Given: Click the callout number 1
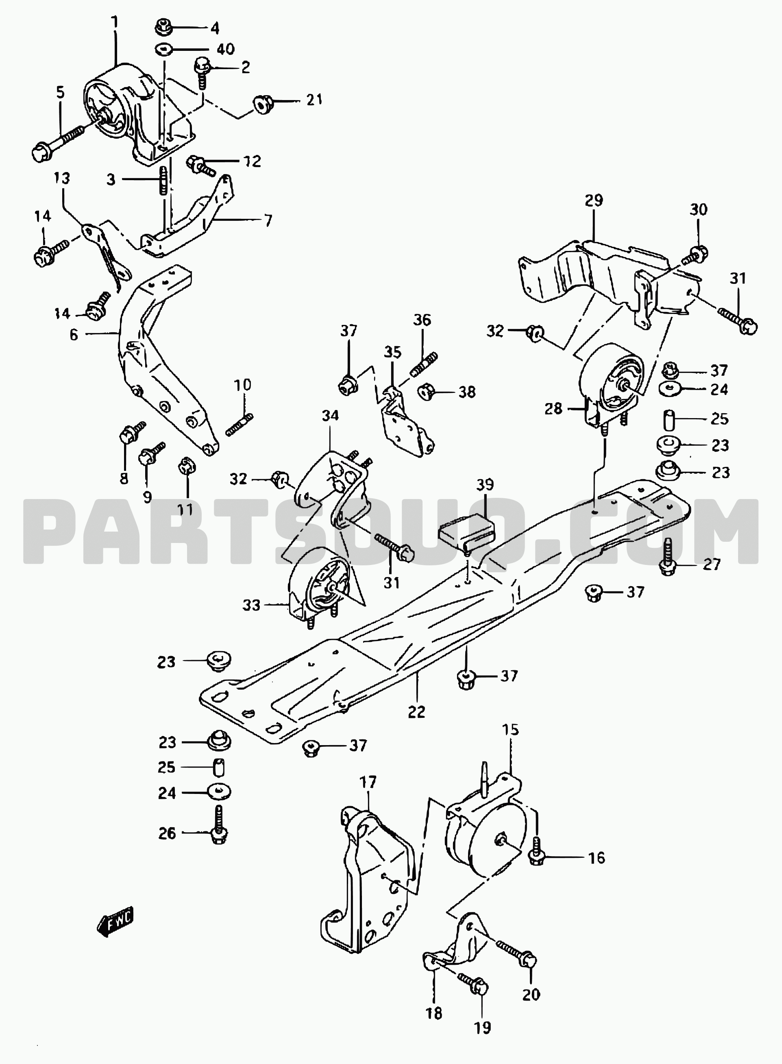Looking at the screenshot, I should (x=115, y=22).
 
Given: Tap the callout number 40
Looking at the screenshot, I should (x=226, y=49).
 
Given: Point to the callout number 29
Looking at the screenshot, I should (x=594, y=201).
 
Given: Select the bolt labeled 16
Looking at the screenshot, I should (x=536, y=852).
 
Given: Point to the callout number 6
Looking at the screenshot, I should (x=73, y=335).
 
